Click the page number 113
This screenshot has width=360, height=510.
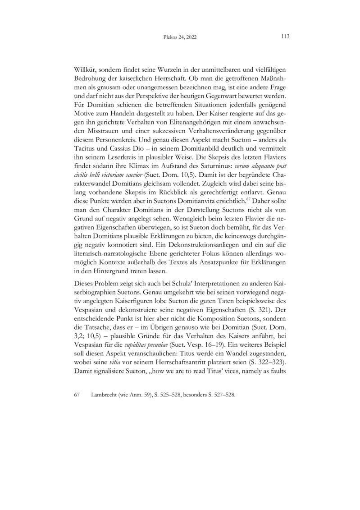click(285, 37)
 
